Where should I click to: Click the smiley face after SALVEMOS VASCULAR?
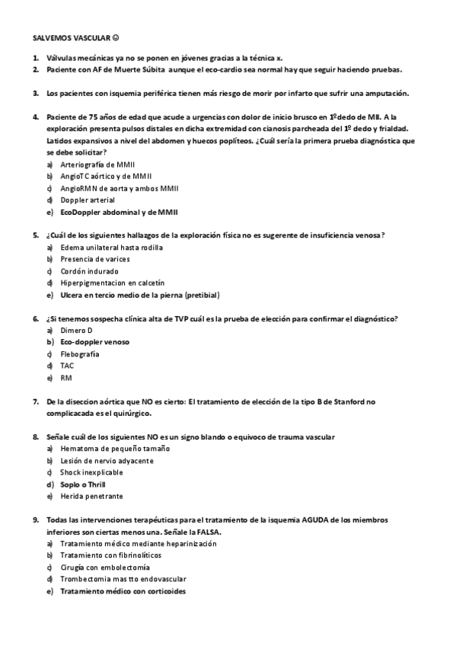[116, 37]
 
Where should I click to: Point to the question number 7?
[36, 401]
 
